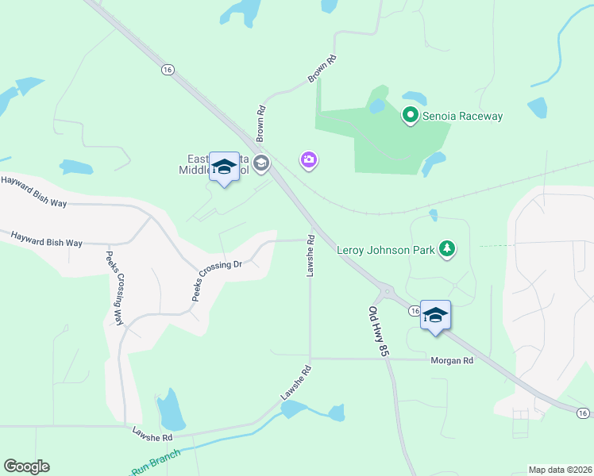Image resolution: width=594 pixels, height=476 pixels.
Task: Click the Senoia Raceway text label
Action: click(x=462, y=116)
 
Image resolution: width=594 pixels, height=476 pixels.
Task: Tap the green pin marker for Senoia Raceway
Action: click(x=411, y=116)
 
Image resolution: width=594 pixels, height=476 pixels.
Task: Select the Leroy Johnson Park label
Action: click(x=386, y=250)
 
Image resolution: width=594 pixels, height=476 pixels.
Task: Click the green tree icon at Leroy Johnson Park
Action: click(x=448, y=250)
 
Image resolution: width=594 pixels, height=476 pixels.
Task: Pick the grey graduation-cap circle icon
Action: click(x=261, y=164)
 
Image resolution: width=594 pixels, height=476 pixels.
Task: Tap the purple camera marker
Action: click(x=309, y=160)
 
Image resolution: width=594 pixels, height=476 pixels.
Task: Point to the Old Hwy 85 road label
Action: click(x=377, y=331)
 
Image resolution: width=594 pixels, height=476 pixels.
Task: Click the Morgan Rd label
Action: click(x=451, y=360)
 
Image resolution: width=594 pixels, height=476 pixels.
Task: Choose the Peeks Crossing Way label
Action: click(x=115, y=288)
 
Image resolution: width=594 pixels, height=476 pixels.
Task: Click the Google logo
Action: click(x=26, y=466)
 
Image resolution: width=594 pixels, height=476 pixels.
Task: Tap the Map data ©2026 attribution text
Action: click(x=560, y=470)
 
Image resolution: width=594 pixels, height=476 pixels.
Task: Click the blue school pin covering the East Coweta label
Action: click(x=224, y=167)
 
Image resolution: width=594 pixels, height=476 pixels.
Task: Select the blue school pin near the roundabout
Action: click(x=435, y=316)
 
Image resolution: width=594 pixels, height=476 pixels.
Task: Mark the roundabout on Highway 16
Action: click(x=388, y=292)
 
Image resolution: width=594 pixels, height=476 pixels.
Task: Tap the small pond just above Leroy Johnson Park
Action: click(x=433, y=214)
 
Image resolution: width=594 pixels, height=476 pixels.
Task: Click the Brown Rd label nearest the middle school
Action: click(x=260, y=121)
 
